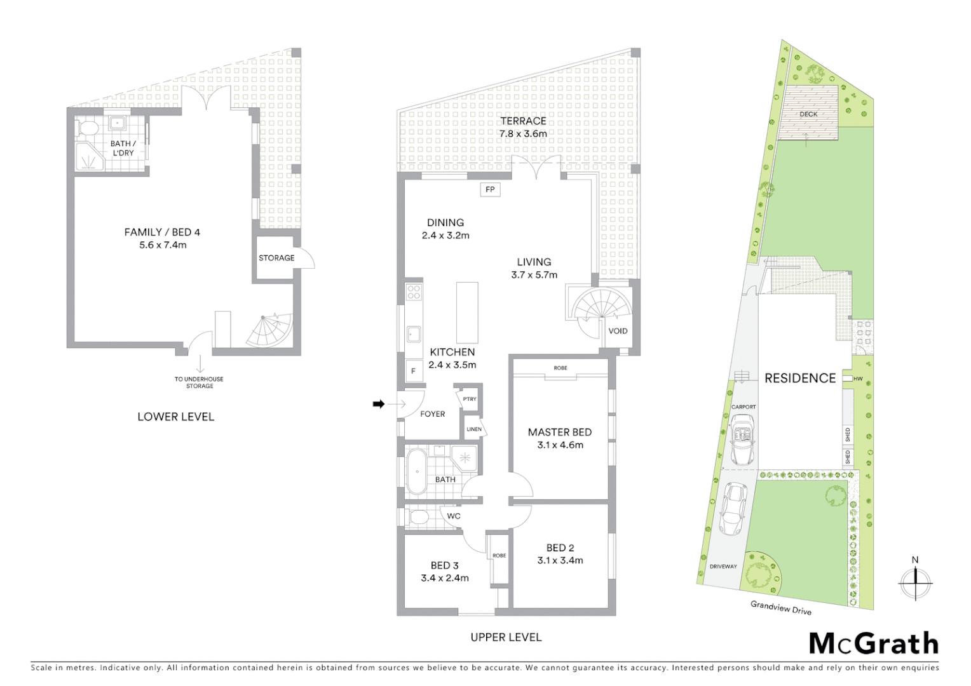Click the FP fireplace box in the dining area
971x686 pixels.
[490, 189]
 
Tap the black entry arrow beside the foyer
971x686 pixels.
[379, 403]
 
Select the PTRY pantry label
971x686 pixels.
[470, 399]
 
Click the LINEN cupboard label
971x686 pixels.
[474, 429]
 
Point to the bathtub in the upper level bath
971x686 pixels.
[417, 472]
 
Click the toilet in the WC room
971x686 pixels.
[419, 517]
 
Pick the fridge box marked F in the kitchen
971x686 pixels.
[414, 371]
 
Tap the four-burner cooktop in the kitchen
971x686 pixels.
[414, 292]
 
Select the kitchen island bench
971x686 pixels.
[467, 313]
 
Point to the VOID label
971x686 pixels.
[618, 331]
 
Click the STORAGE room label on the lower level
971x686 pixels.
[276, 258]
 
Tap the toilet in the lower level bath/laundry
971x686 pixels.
[87, 129]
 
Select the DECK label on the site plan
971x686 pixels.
[809, 114]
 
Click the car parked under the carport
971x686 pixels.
[744, 439]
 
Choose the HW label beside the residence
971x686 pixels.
[858, 379]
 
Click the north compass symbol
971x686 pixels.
[915, 579]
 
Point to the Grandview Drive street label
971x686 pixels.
[781, 608]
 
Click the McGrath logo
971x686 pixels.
[874, 643]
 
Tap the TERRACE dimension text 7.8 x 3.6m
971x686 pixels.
[523, 134]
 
